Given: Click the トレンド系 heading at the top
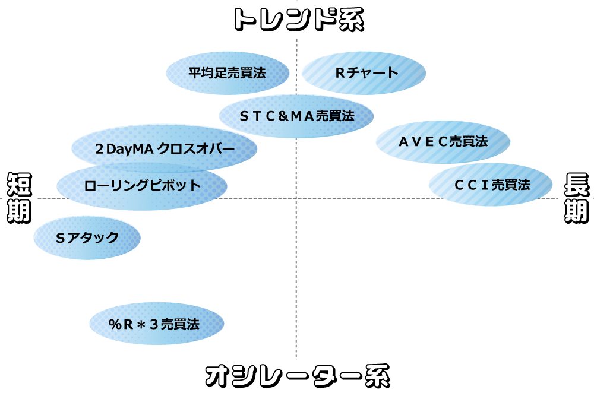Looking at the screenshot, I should click(297, 20).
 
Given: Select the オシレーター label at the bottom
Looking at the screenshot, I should click(277, 376).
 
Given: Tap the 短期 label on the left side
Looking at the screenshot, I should click(19, 198).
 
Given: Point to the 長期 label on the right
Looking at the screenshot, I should click(575, 198).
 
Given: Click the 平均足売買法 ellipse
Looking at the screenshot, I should click(228, 73).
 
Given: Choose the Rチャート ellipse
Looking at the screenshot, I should click(364, 73).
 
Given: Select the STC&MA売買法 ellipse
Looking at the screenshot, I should click(296, 116).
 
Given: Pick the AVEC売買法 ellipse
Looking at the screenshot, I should click(443, 141).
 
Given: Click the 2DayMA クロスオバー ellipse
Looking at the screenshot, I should click(165, 148).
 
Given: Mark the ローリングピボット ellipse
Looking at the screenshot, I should click(142, 186).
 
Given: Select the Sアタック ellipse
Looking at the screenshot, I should click(87, 237).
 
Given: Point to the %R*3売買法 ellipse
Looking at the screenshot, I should click(157, 324).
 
